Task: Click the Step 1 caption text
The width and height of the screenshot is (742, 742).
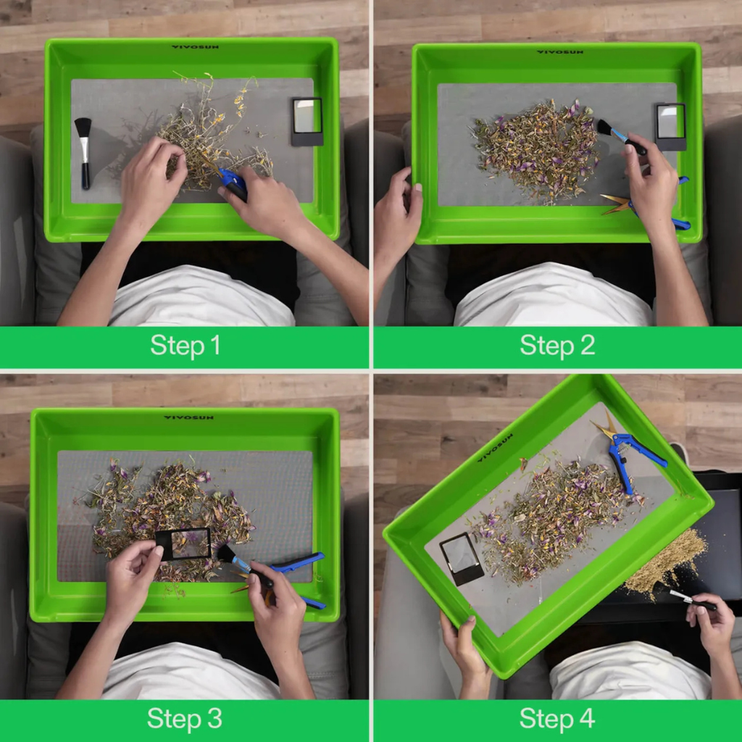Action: [185, 346]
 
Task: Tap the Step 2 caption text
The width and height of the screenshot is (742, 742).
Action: [557, 346]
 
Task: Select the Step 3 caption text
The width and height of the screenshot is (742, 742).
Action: [185, 719]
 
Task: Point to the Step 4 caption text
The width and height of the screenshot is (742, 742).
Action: [557, 719]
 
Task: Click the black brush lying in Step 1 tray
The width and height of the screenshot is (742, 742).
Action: [84, 154]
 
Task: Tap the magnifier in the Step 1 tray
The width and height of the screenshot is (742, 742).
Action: [307, 122]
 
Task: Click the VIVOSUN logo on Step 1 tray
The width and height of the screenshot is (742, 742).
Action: [195, 47]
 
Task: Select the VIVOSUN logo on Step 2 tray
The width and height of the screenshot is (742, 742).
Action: [560, 52]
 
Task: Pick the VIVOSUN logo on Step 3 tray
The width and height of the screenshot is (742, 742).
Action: [188, 417]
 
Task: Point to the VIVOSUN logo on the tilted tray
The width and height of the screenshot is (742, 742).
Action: [495, 448]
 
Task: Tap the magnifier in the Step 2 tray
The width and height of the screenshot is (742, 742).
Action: [671, 126]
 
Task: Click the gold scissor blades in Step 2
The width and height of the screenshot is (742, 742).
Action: [617, 204]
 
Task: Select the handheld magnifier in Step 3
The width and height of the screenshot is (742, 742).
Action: [183, 543]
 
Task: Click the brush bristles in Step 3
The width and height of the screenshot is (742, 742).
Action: [226, 554]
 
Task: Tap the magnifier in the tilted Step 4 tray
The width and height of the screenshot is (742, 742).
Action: [462, 559]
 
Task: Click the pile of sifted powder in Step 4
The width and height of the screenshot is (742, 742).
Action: [667, 563]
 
